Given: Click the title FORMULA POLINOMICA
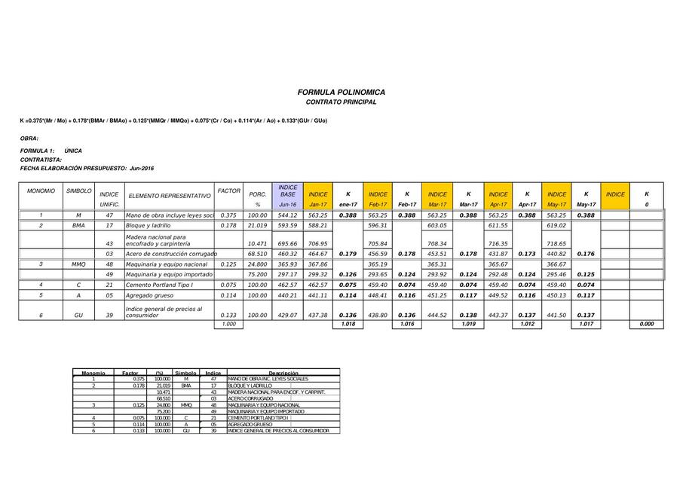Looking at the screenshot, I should click(x=341, y=92).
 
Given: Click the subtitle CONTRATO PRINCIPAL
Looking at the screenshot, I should click(x=341, y=102).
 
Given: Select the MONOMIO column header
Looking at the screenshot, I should click(x=41, y=191).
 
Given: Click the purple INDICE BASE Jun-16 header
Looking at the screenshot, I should click(x=288, y=195).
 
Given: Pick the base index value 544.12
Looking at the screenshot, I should click(x=288, y=215).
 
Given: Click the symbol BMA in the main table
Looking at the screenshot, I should click(x=78, y=225).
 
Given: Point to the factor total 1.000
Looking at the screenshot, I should click(x=228, y=325).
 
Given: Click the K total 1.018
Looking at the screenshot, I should click(x=348, y=325).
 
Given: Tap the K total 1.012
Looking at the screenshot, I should click(x=527, y=325).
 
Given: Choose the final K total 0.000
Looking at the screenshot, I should click(x=646, y=325).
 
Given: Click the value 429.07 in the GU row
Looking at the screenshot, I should click(x=288, y=316).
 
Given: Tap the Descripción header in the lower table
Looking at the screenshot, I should click(x=283, y=373).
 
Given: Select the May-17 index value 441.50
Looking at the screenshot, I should click(x=557, y=316).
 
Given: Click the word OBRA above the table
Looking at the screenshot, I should click(x=29, y=139).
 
